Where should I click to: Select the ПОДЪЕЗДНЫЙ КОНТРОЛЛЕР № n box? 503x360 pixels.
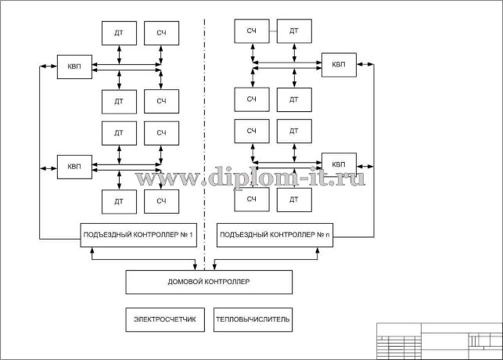point(275,235)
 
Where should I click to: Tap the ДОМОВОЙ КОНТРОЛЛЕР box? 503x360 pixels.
point(209,282)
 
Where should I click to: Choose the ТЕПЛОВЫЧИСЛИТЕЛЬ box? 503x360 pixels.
point(253,319)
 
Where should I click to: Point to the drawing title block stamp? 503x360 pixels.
point(438,340)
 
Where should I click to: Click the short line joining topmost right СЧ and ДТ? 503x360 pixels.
point(272,31)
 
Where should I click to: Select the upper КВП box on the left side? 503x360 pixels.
point(74,66)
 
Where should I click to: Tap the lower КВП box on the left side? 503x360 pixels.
point(74,167)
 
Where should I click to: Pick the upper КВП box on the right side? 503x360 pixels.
point(338,64)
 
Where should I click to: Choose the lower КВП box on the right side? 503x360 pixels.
point(338,164)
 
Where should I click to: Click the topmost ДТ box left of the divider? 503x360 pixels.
point(119,32)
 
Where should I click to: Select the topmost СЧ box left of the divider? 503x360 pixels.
point(161,32)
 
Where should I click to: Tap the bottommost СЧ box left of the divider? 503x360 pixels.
point(161,202)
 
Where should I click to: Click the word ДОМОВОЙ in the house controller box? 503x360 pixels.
point(191,282)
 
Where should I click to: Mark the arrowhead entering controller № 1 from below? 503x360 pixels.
point(93,250)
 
